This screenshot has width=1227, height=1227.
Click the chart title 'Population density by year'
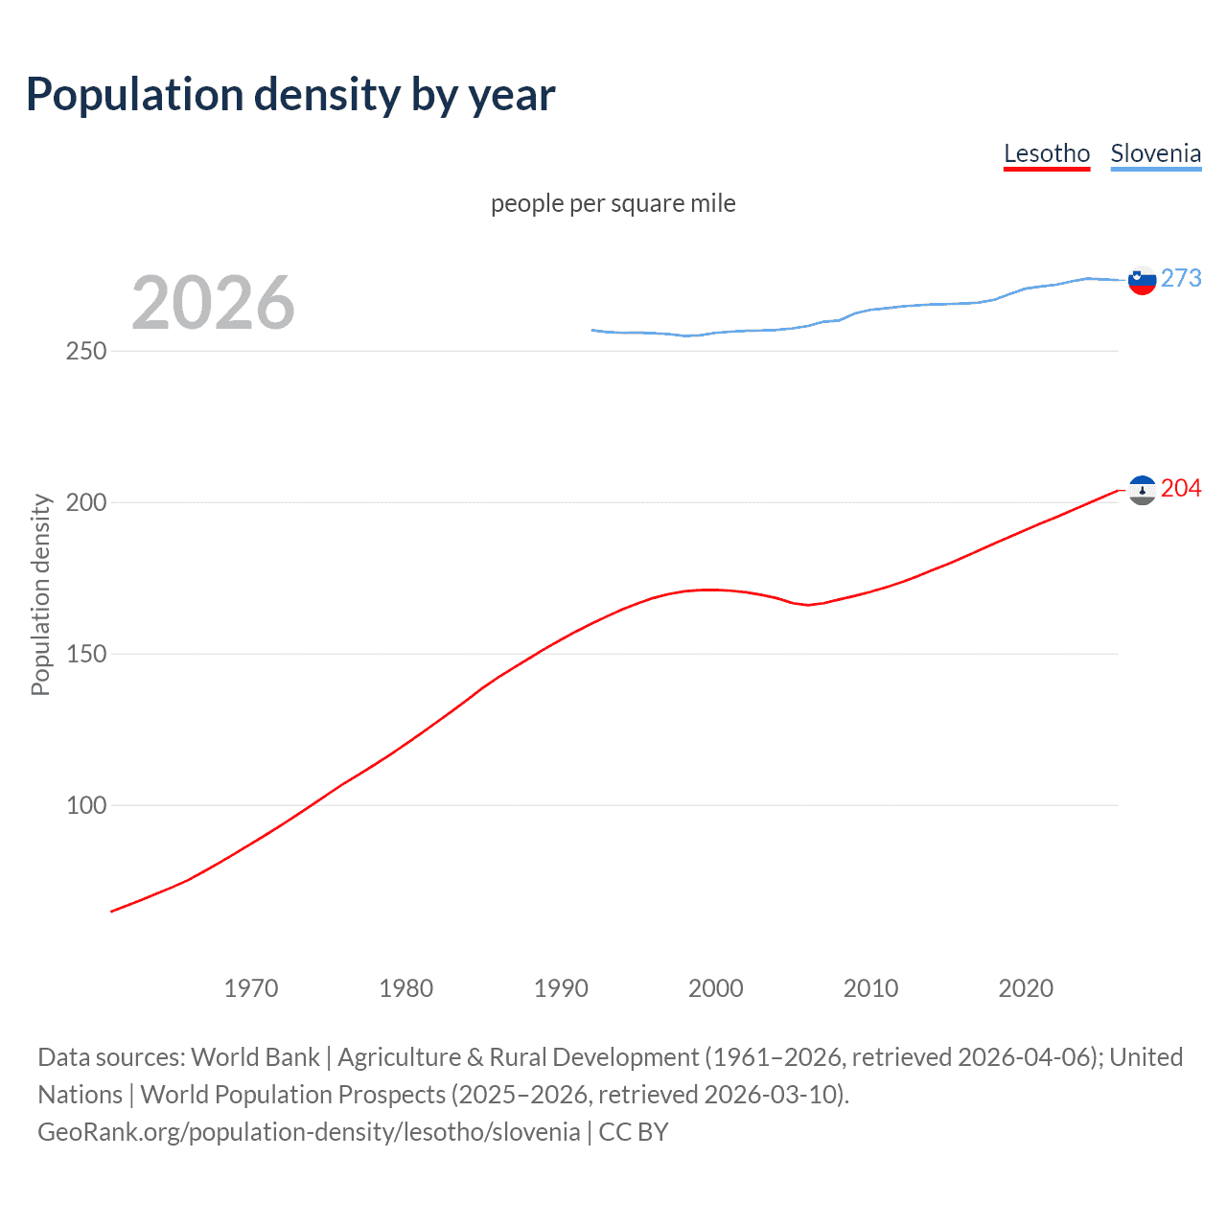pos(290,95)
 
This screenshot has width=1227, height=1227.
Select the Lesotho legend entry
pos(1046,153)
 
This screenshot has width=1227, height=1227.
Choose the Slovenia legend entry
pos(1155,153)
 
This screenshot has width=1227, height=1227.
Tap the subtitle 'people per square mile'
pos(613,203)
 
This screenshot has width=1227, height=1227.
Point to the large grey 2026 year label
pos(213,303)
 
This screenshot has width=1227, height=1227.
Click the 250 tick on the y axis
pos(86,351)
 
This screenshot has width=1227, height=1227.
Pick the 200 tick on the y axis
pos(86,502)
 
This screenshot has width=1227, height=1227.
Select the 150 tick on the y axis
pos(86,654)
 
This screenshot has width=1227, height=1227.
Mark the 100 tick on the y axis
pos(86,805)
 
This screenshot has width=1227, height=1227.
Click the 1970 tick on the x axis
pos(251,988)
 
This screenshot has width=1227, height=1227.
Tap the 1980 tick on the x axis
pos(406,988)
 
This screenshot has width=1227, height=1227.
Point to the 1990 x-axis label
pos(561,988)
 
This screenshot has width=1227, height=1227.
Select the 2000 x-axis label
pos(716,988)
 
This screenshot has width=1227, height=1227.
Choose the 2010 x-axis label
pos(870,988)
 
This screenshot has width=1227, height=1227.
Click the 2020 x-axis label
pos(1026,988)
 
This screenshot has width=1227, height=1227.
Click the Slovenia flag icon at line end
pos(1142,280)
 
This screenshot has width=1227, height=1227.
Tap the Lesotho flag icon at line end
pos(1142,490)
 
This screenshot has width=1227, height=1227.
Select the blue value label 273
pos(1181,278)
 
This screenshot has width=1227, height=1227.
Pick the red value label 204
pos(1181,489)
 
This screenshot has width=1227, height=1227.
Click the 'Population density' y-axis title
pos(40,594)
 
